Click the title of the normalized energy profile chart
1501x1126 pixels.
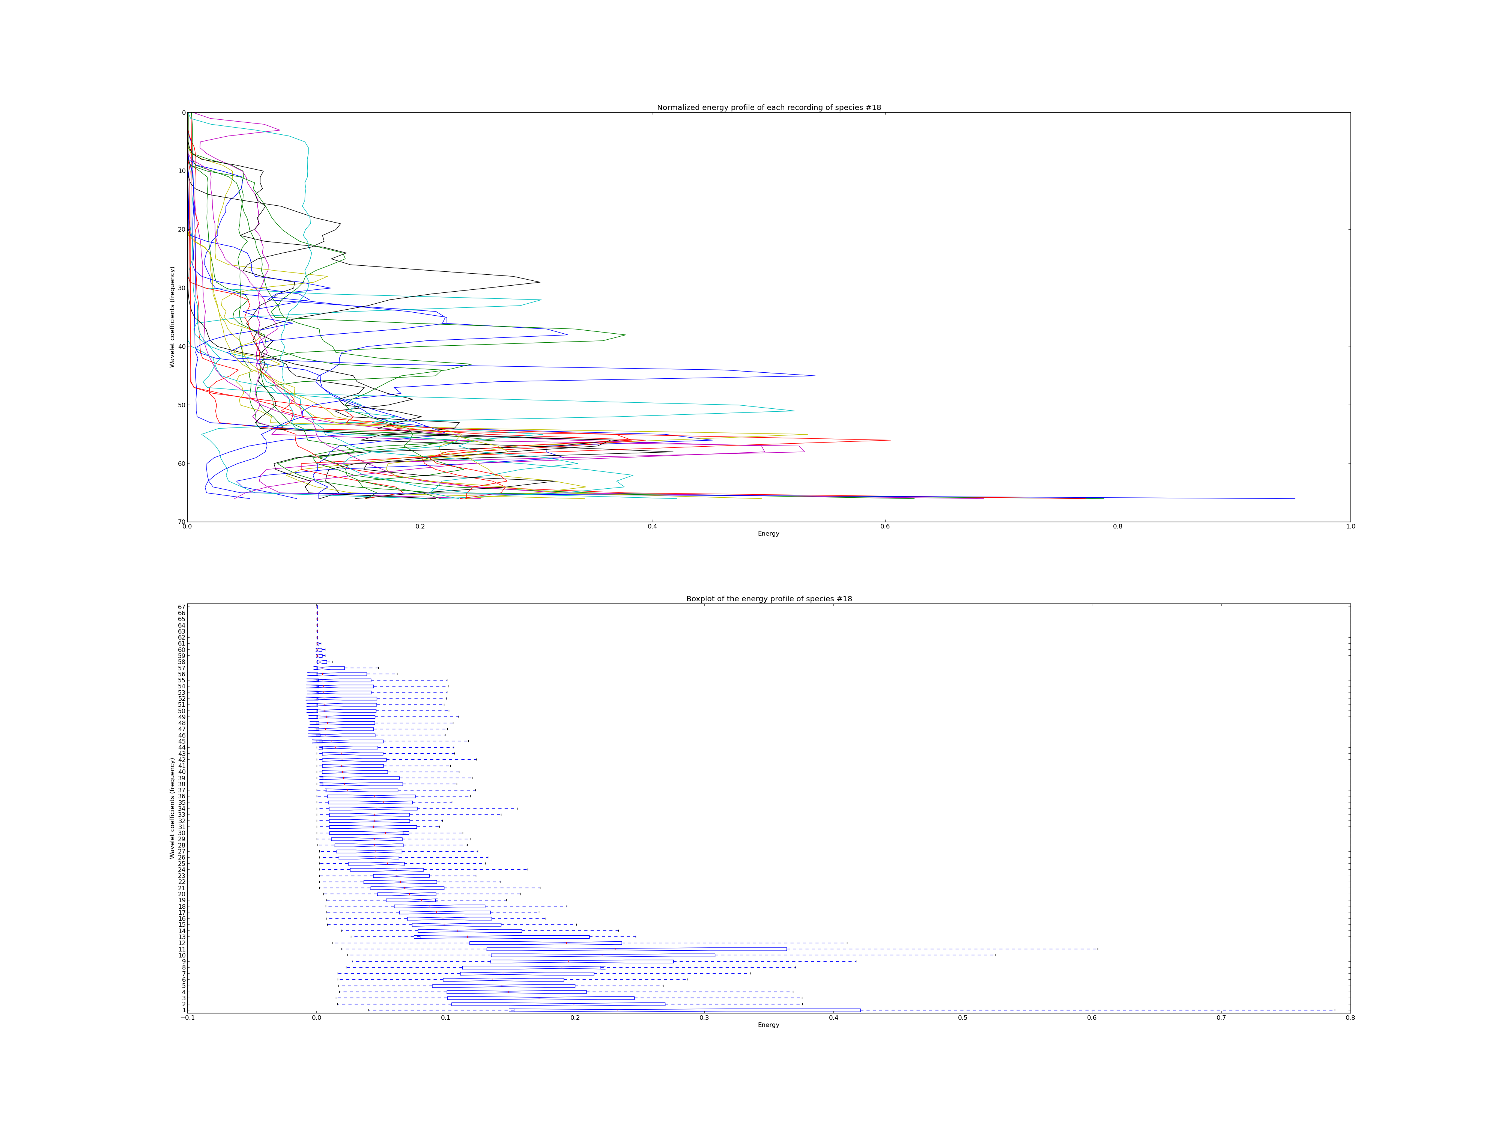coord(769,107)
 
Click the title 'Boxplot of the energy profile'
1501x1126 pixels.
coord(769,599)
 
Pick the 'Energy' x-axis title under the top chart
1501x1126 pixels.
coord(769,533)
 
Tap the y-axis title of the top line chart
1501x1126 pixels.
coord(172,317)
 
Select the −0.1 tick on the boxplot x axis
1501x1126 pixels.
coord(187,1018)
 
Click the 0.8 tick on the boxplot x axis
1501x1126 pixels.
coord(1350,1018)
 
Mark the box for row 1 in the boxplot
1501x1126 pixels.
coord(685,1010)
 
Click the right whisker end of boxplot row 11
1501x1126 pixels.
coord(1097,949)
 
